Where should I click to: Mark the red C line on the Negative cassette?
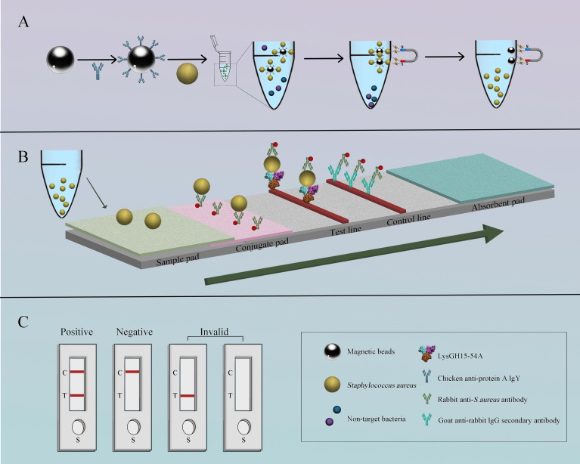[x=132, y=372]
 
